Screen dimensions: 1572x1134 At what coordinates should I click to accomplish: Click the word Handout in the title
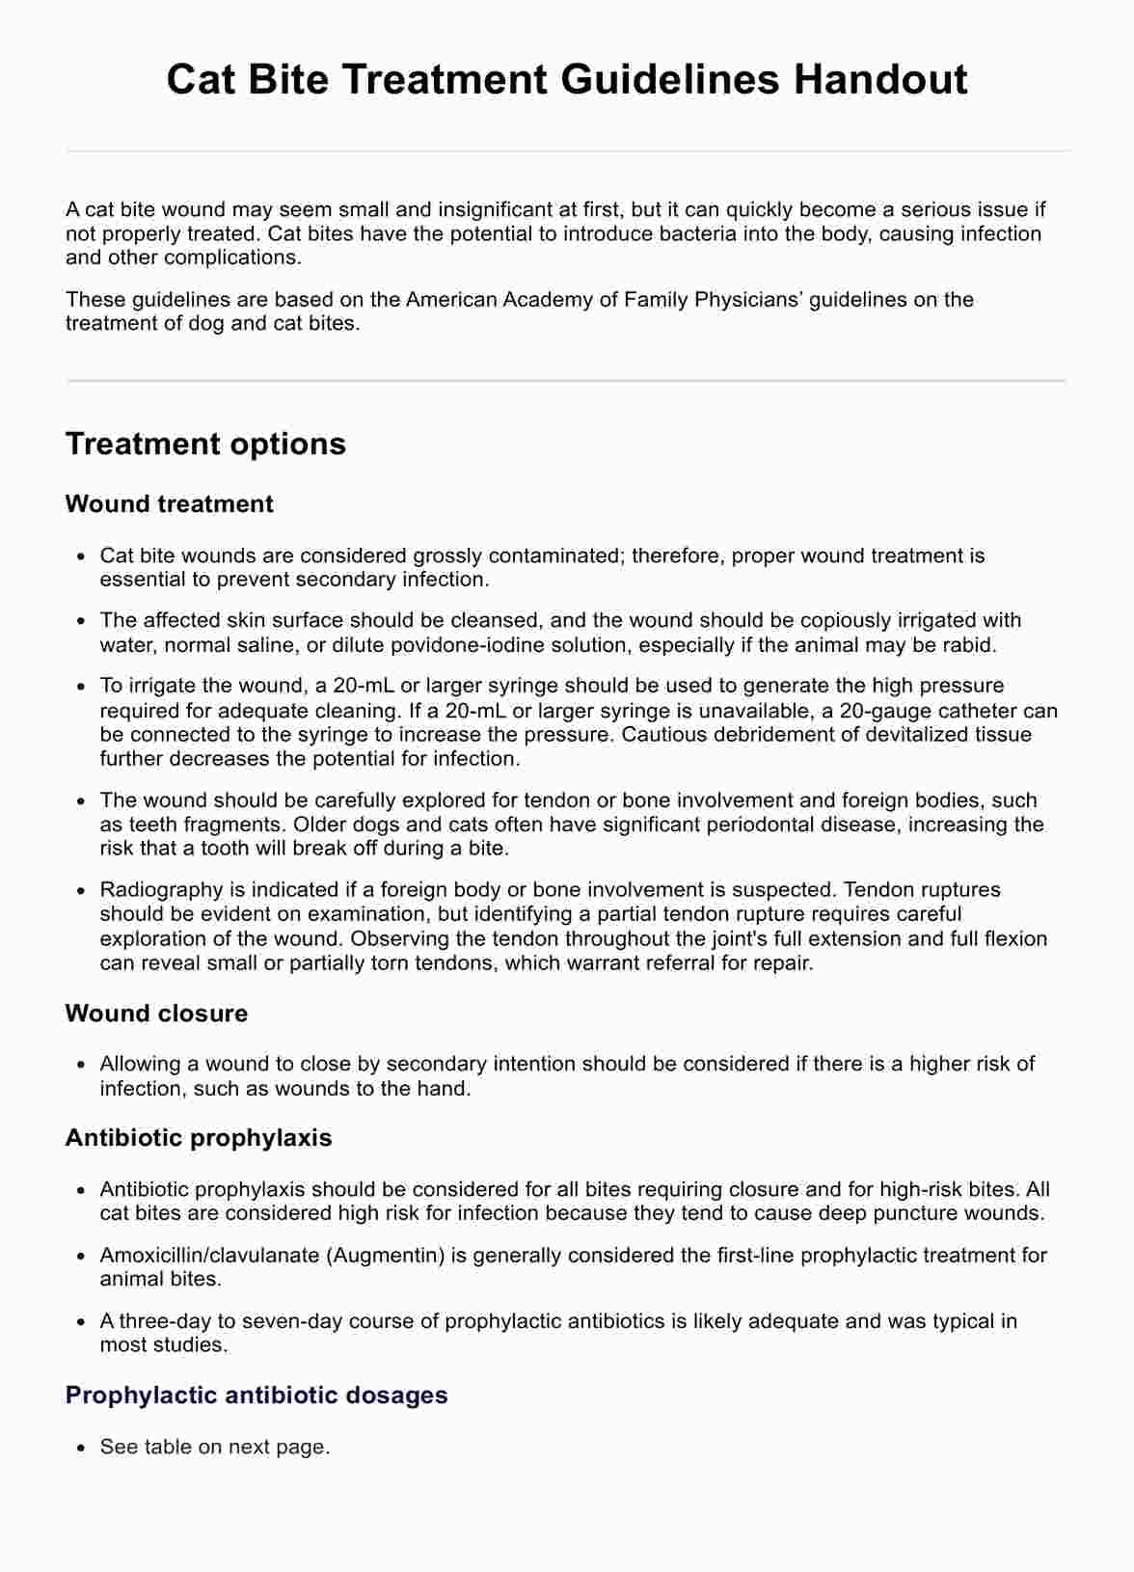[880, 79]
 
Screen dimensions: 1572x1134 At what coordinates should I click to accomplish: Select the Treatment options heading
[205, 444]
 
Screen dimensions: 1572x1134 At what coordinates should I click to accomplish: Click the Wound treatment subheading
[169, 504]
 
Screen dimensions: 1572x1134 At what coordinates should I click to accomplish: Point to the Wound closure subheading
[156, 1014]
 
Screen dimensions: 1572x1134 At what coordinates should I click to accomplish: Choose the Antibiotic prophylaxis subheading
[198, 1138]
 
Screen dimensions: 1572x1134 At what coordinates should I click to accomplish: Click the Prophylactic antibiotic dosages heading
[256, 1396]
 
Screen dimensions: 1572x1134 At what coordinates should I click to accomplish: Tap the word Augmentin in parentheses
[386, 1256]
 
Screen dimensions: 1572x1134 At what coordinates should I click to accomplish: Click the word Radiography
[159, 890]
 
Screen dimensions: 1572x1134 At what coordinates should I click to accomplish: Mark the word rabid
[970, 645]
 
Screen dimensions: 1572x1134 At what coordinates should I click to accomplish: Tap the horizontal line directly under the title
[567, 151]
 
